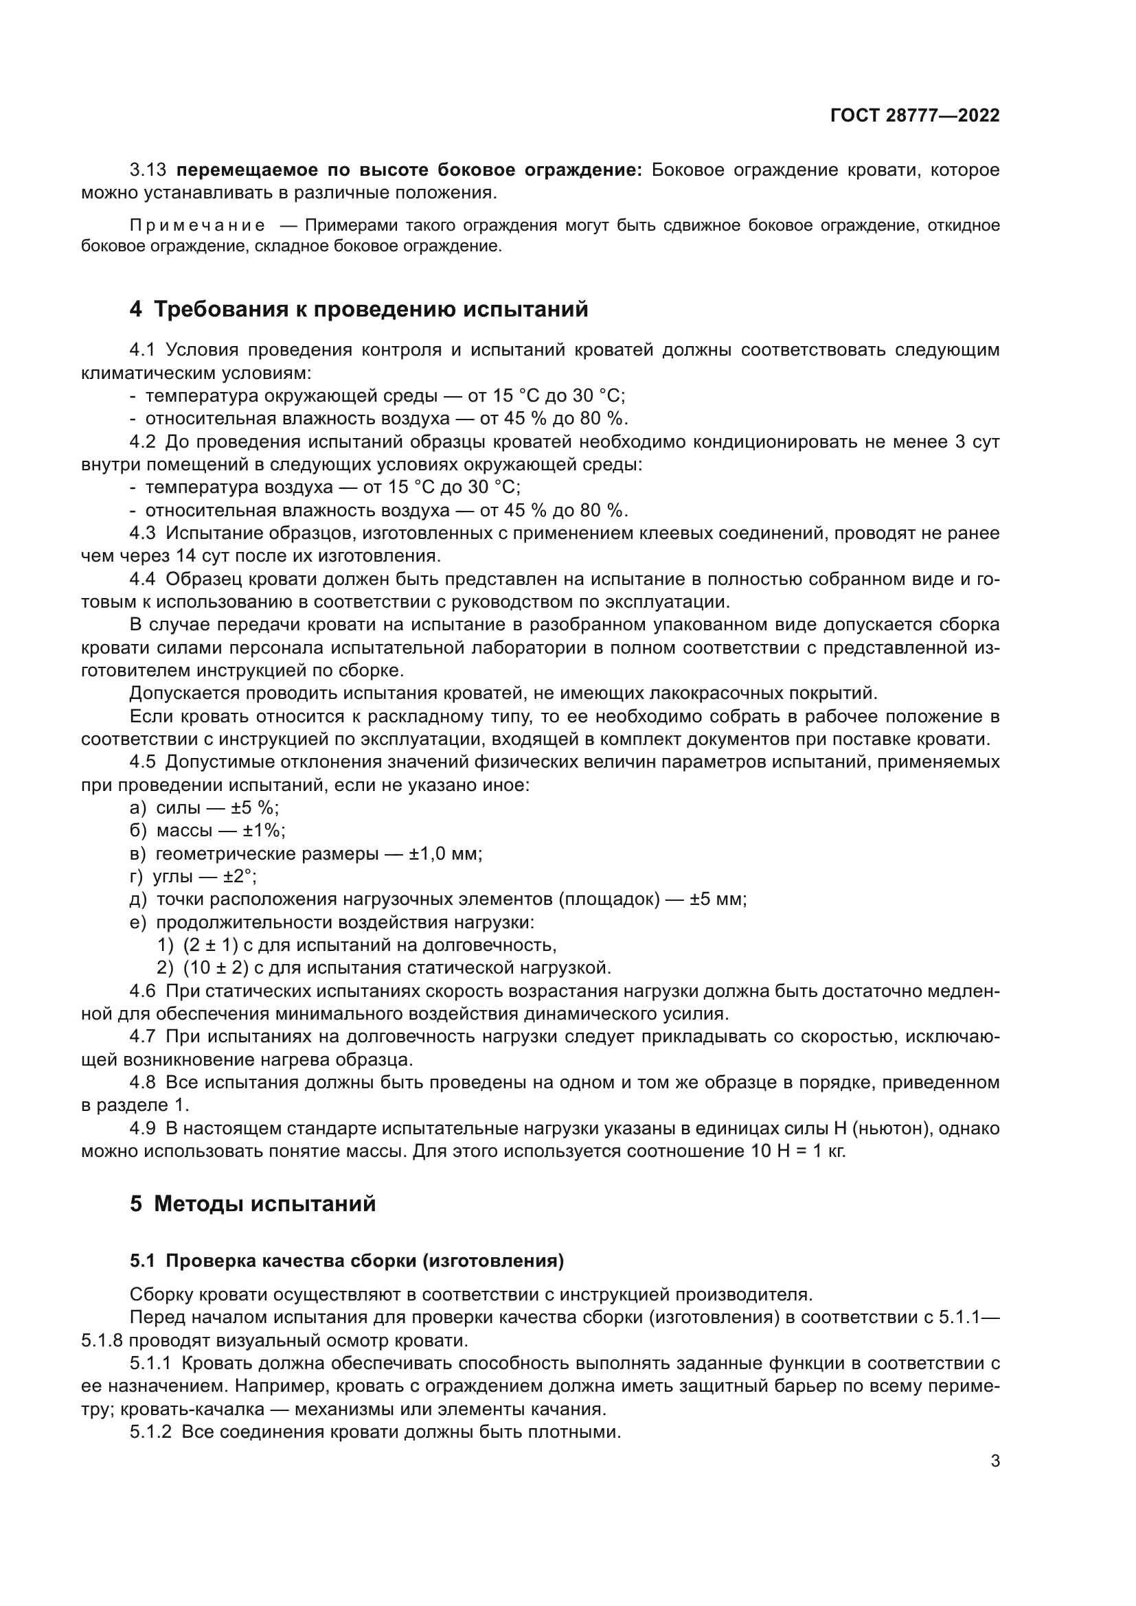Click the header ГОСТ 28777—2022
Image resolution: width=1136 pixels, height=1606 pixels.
coord(914,115)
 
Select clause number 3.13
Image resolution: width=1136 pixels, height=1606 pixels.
coord(148,170)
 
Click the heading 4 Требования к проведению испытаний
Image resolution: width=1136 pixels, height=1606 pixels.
coord(358,308)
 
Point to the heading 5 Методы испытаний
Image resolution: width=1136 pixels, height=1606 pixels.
coord(253,1203)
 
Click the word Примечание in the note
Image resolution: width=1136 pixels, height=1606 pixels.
coord(197,225)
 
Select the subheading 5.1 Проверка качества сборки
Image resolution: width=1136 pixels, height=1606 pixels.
coord(346,1261)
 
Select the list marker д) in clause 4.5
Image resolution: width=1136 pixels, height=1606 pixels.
coord(138,899)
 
